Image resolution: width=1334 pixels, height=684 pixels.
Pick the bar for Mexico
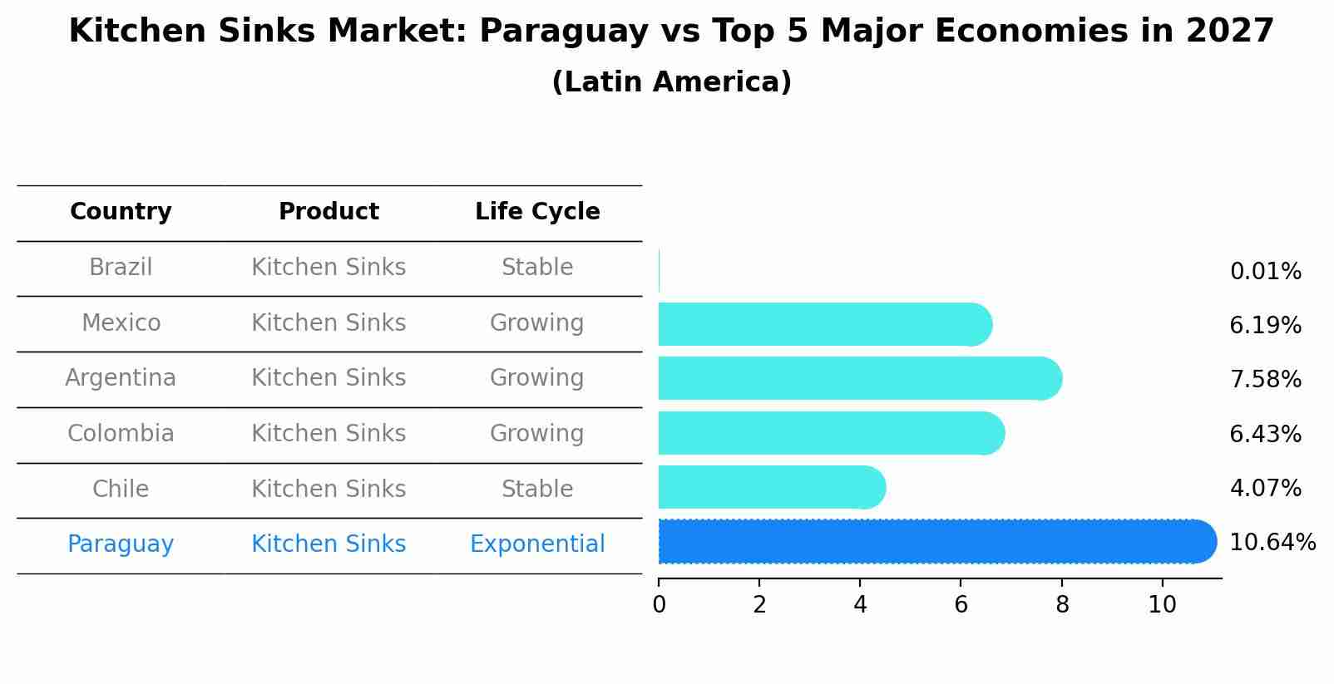tap(824, 324)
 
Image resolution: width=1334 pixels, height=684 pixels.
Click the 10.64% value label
tap(1272, 543)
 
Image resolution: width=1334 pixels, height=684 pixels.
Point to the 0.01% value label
tap(1265, 272)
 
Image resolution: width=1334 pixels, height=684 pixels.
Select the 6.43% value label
tap(1265, 434)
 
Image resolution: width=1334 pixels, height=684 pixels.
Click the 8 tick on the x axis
tap(1061, 605)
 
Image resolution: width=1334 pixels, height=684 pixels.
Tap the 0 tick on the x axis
tap(659, 605)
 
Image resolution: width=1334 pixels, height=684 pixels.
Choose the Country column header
tap(121, 212)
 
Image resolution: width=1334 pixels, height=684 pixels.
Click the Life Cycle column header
tap(537, 212)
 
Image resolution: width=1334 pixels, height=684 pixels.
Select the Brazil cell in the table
tap(121, 268)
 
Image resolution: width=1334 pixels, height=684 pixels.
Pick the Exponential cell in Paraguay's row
tap(537, 544)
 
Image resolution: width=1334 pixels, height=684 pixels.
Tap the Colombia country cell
tap(121, 434)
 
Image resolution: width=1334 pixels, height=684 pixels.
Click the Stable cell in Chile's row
tap(537, 489)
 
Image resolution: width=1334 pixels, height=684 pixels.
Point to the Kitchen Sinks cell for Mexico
tap(329, 323)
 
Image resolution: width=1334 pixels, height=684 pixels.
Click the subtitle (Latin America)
tap(671, 82)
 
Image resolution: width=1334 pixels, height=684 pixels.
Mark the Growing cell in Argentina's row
tap(537, 378)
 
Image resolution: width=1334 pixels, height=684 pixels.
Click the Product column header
tap(329, 212)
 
